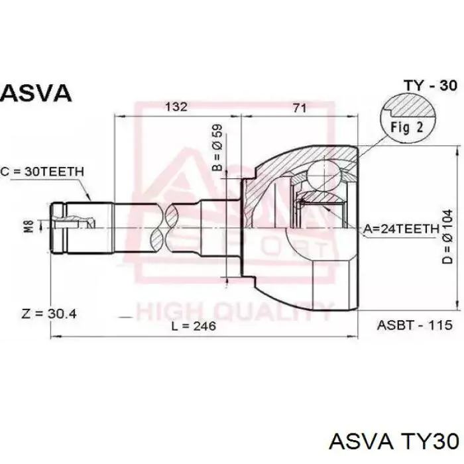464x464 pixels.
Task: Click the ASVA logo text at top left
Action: point(36,93)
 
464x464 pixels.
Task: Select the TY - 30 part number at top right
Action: point(431,86)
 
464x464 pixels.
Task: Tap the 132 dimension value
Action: point(176,107)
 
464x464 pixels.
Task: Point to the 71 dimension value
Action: point(300,107)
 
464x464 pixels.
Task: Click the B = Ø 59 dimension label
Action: point(217,147)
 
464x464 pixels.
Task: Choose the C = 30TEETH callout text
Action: point(42,172)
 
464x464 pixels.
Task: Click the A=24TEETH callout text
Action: point(401,229)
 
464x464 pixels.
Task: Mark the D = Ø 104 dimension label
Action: point(447,237)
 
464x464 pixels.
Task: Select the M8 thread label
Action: point(29,226)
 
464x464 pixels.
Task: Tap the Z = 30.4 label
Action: point(49,314)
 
